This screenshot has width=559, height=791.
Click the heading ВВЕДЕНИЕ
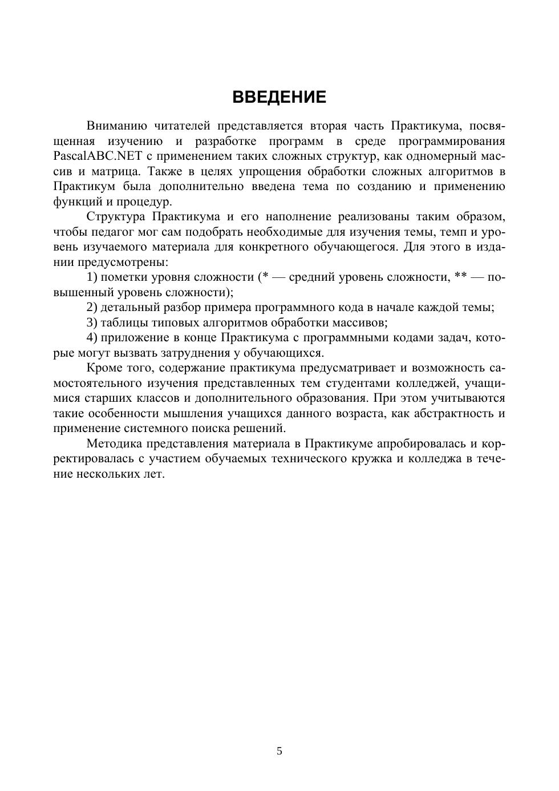tap(279, 97)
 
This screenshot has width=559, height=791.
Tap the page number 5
tap(279, 751)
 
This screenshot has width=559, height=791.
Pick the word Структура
tap(116, 216)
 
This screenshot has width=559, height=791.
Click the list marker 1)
tap(92, 277)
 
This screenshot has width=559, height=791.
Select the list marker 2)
tap(92, 307)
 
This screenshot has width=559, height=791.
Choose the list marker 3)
tap(92, 322)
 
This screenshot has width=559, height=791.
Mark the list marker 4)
tap(92, 337)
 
